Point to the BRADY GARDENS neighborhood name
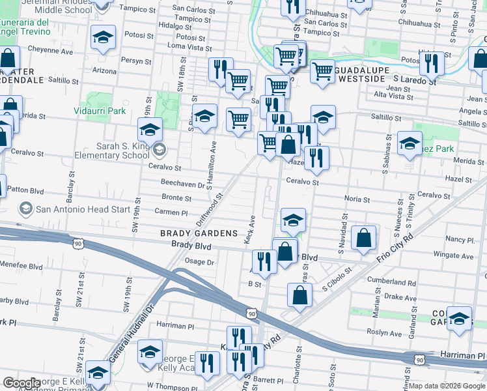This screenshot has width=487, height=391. [x=199, y=233]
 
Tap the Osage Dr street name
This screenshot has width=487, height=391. [x=200, y=262]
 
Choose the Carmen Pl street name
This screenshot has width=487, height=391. [x=171, y=212]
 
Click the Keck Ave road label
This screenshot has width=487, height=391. [x=251, y=231]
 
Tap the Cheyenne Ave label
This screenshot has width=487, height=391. [x=50, y=50]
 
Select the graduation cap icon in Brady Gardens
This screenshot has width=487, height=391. [x=294, y=220]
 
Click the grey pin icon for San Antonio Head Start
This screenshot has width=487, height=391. [x=26, y=209]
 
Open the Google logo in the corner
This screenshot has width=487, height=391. [x=21, y=383]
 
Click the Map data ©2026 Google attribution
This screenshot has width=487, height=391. [x=447, y=386]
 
